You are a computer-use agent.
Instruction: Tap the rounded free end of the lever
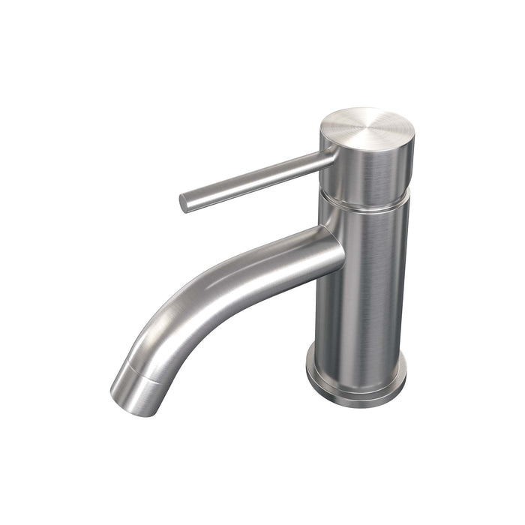click(183, 202)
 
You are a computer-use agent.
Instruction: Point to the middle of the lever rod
click(255, 179)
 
